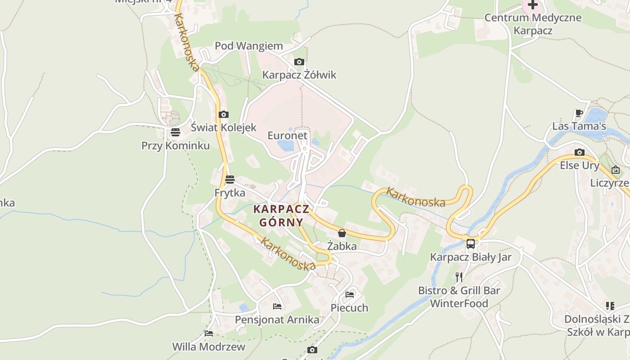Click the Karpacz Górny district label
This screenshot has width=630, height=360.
pos(281,216)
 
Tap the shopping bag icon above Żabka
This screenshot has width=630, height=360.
pos(342,233)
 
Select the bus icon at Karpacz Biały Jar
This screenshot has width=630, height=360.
pos(470,244)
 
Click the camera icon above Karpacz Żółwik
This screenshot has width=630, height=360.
pos(299,62)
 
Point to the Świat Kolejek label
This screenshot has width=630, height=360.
pos(223,127)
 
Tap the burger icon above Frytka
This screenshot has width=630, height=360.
pos(230,180)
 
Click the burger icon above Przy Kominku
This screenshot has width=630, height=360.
pos(175,132)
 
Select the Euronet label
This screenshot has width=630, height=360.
pos(287,135)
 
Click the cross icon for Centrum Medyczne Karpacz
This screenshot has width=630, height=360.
pos(533,5)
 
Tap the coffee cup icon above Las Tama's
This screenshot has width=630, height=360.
pos(579,113)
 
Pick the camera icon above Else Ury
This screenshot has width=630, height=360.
pos(579,152)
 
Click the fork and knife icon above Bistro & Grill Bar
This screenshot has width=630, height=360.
pos(459,277)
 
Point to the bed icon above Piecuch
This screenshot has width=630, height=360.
pos(350,295)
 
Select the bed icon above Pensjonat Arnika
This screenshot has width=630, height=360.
pos(277,306)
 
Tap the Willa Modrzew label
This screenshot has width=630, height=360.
pos(209,347)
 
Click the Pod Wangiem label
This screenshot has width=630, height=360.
pos(248,46)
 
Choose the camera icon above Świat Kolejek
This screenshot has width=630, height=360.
pos(223,114)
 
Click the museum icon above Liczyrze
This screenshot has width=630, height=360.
pos(615,170)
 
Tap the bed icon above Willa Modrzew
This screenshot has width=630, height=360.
pos(209,333)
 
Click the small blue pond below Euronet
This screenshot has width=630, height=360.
pos(285,145)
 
